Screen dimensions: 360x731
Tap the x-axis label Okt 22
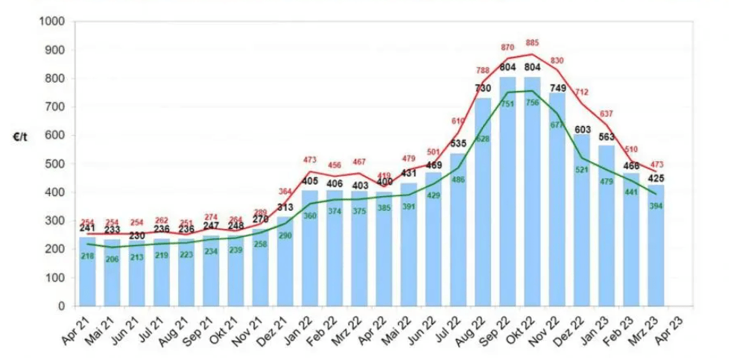[x=521, y=332]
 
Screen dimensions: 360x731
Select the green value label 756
[x=532, y=103]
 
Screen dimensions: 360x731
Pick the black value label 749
[x=557, y=88]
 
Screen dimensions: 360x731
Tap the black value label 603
[x=582, y=129]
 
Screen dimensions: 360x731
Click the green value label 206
[x=113, y=259]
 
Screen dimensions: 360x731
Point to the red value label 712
[x=582, y=92]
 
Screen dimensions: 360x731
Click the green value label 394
[x=656, y=206]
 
